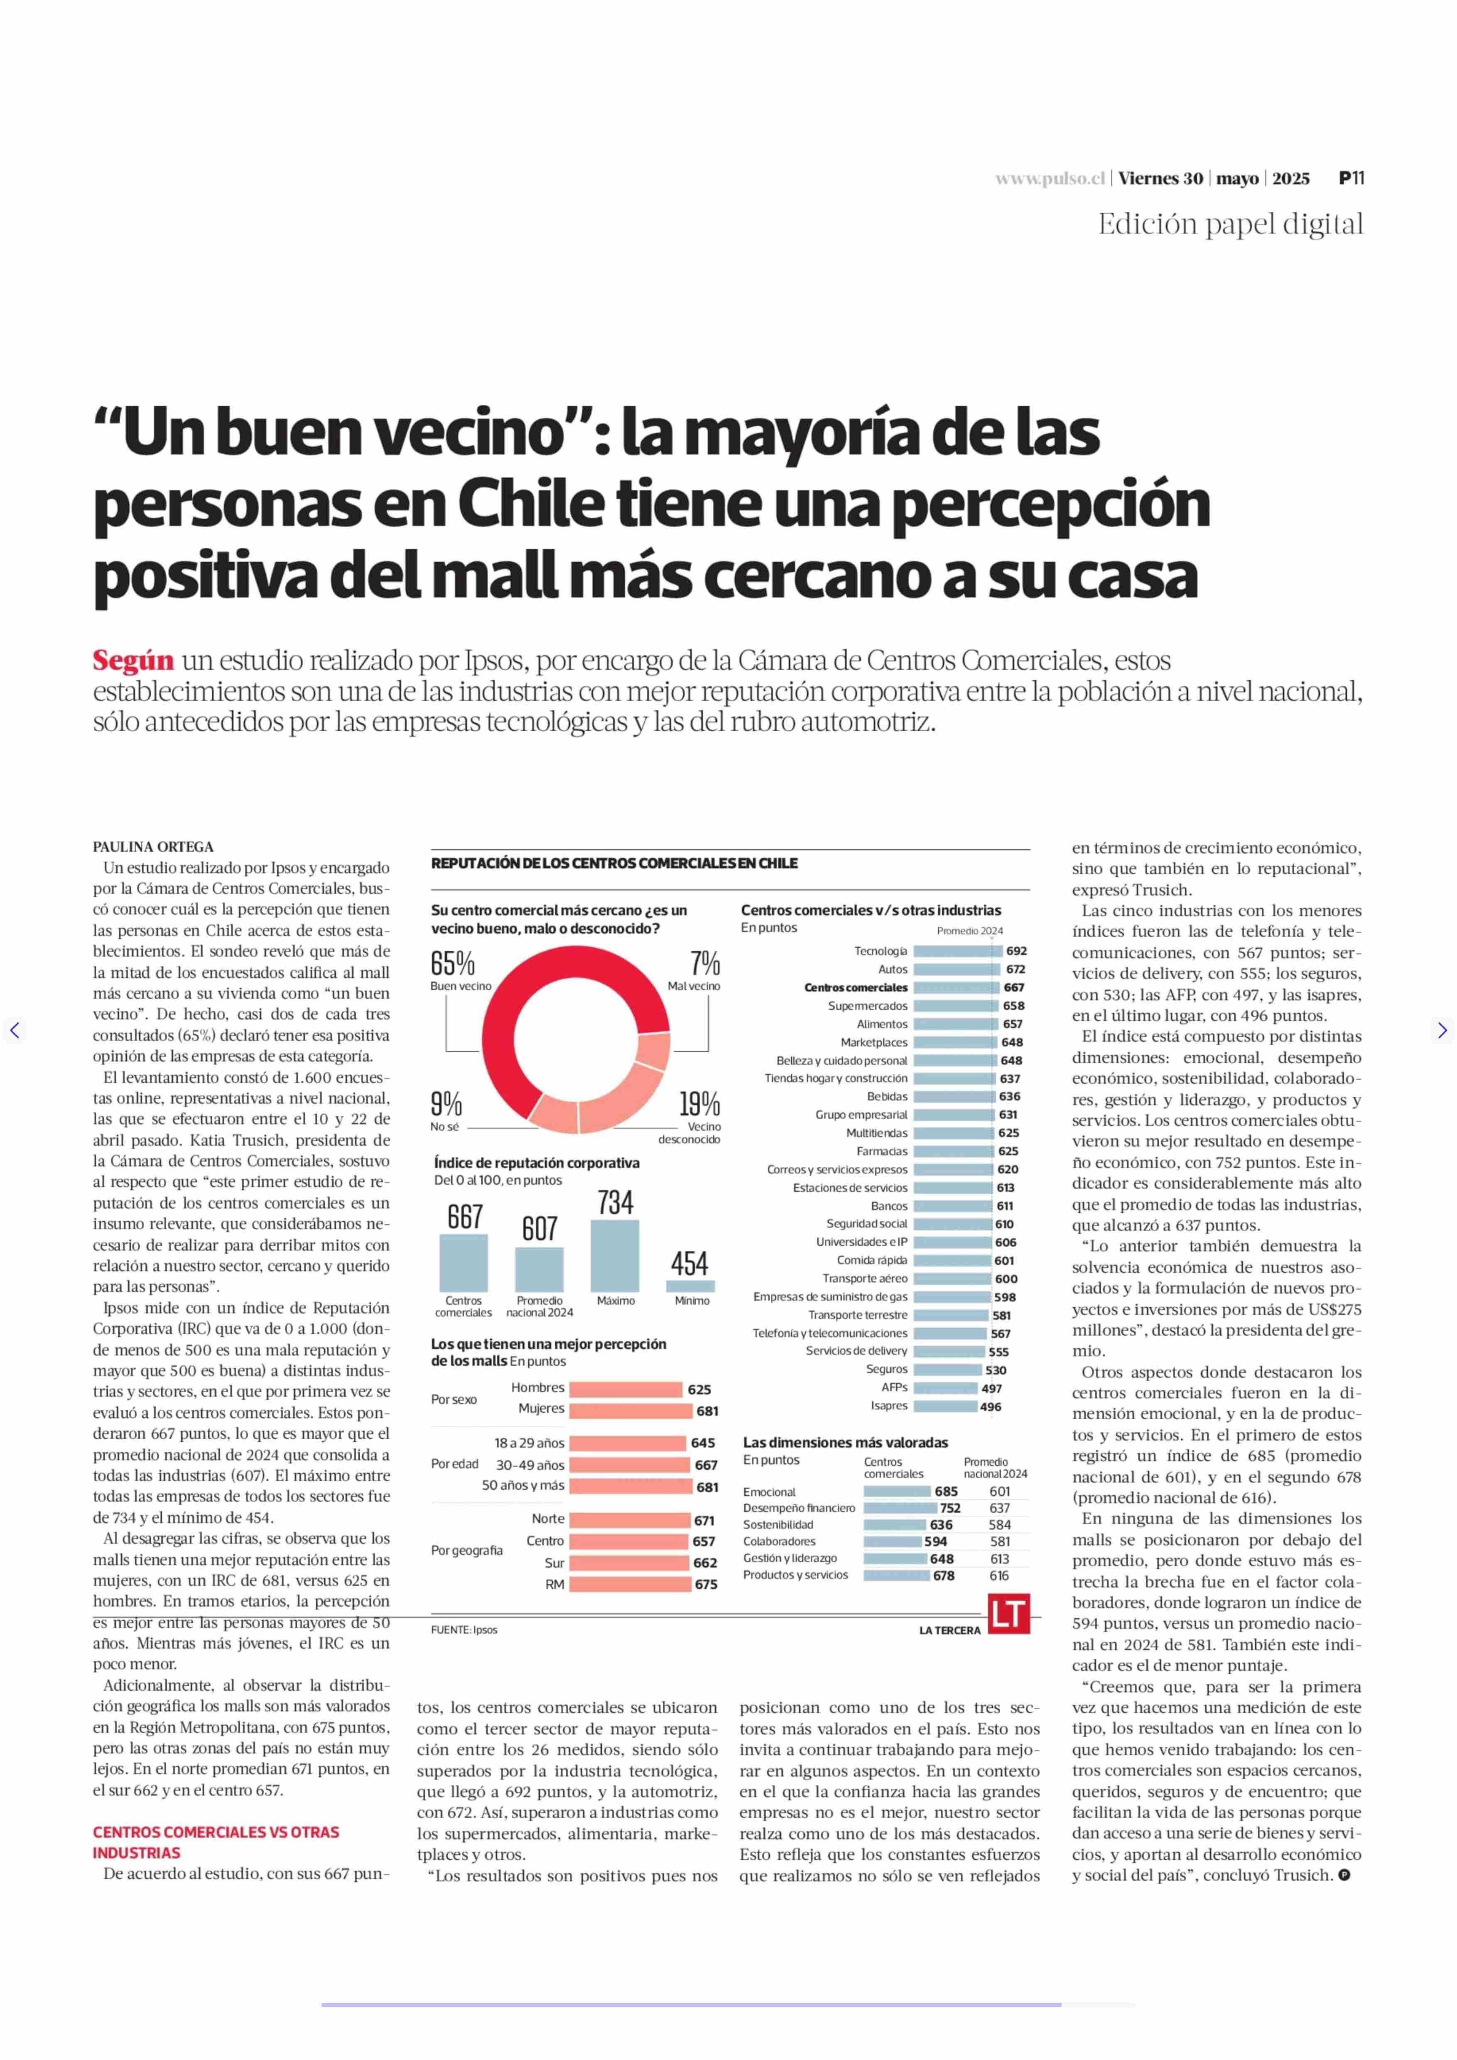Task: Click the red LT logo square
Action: coord(1008,1614)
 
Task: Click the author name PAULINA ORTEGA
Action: coord(153,846)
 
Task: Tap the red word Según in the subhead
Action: coord(133,661)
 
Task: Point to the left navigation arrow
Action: coord(15,1030)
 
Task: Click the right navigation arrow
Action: coord(1442,1030)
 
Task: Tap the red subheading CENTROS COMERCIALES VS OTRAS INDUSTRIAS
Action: coord(215,1842)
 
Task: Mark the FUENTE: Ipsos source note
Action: coord(464,1629)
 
